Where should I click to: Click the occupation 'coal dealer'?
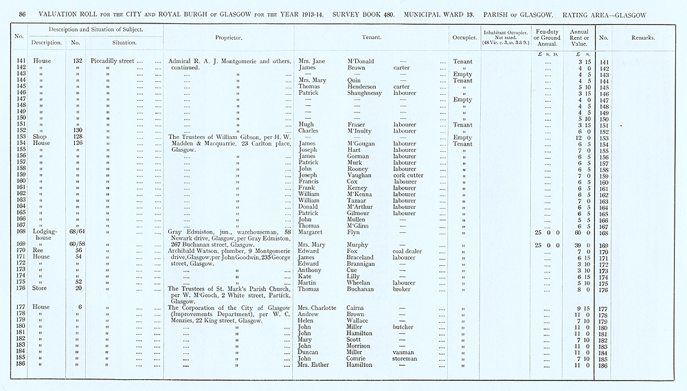click(409, 251)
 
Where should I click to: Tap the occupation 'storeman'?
click(406, 358)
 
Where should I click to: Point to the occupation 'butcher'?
click(404, 326)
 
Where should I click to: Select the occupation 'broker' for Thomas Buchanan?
click(402, 289)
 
